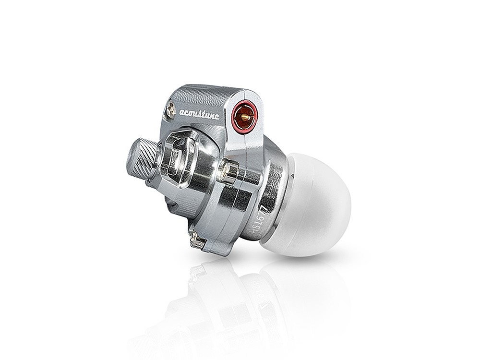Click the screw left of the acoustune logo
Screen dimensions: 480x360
170,110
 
